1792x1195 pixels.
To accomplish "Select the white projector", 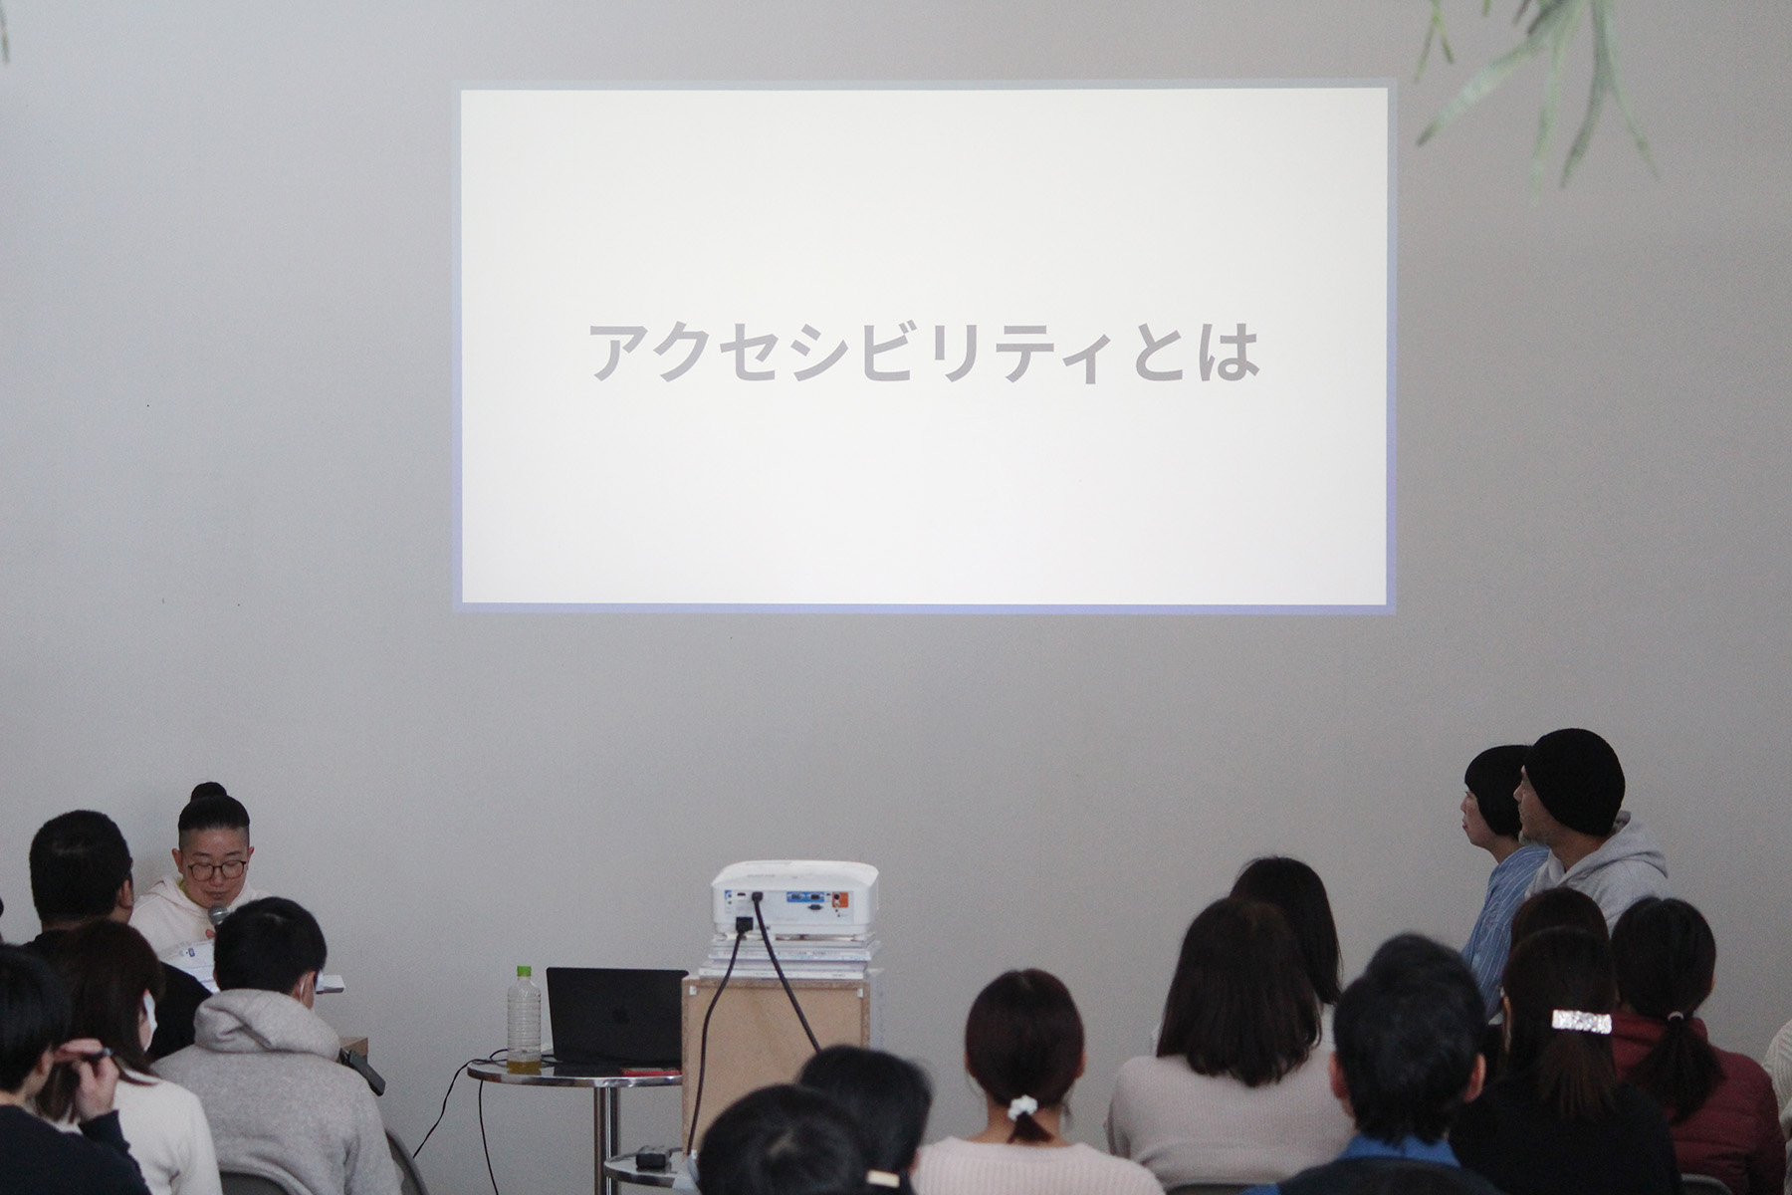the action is click(x=794, y=902).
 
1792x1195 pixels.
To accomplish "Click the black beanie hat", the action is click(x=1574, y=781).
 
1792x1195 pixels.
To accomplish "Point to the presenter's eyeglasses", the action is click(x=216, y=869).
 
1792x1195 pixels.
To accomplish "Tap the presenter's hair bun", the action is click(x=209, y=793).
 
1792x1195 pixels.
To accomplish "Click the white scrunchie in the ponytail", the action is click(x=1024, y=1107).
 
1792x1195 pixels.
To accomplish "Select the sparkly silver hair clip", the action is click(x=1581, y=1021).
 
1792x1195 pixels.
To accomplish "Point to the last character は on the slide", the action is click(x=1231, y=352).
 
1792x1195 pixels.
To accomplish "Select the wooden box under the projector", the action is click(x=775, y=1060).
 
